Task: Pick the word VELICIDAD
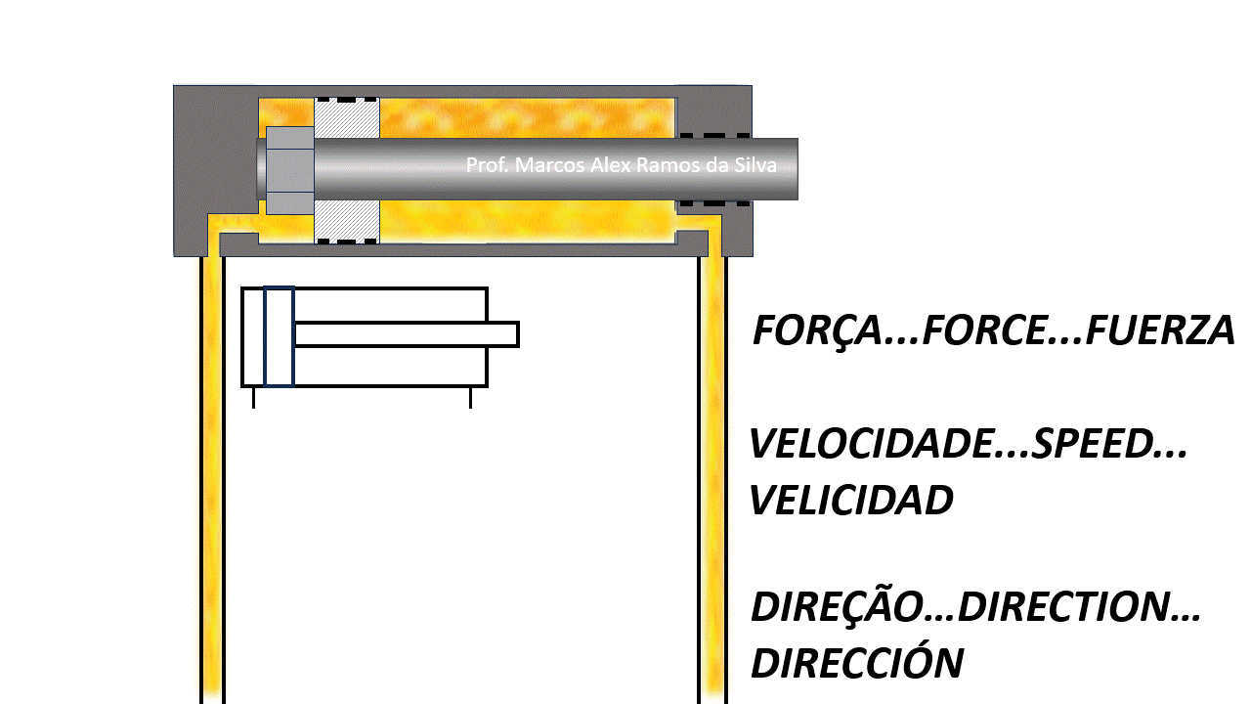pyautogui.click(x=850, y=501)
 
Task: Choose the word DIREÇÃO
pyautogui.click(x=838, y=607)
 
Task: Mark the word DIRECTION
pyautogui.click(x=1066, y=607)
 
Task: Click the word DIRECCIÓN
pyautogui.click(x=856, y=663)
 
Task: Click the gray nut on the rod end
pyautogui.click(x=289, y=170)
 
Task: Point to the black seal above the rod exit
pyautogui.click(x=714, y=135)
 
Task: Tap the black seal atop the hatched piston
pyautogui.click(x=346, y=100)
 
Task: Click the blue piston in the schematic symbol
pyautogui.click(x=279, y=336)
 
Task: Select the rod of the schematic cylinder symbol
pyautogui.click(x=406, y=334)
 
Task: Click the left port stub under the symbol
pyautogui.click(x=253, y=397)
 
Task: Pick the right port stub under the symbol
pyautogui.click(x=470, y=397)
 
